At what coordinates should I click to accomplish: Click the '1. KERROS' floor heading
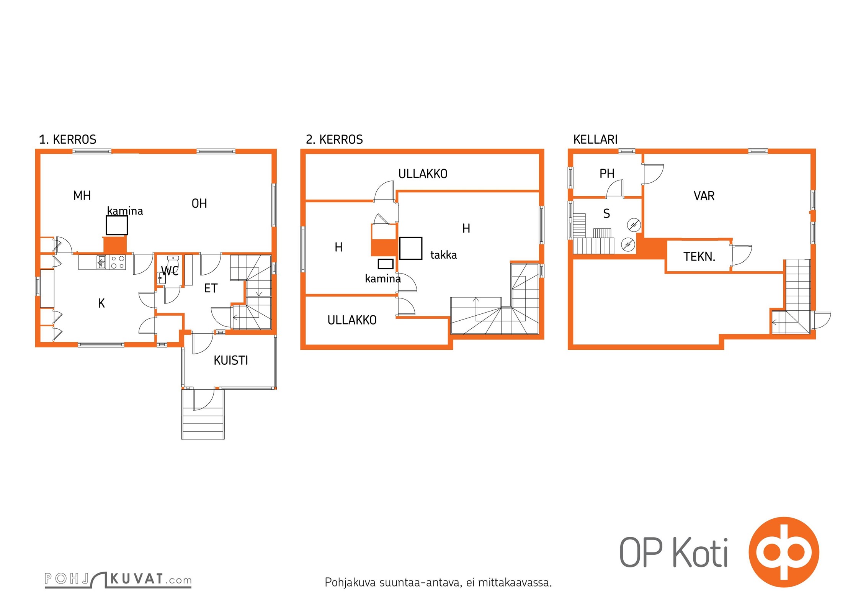(x=68, y=139)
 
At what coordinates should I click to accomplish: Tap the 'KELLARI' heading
(x=595, y=139)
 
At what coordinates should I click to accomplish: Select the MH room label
(x=82, y=196)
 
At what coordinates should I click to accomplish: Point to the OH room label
(x=199, y=203)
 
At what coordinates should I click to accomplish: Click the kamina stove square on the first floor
(x=117, y=225)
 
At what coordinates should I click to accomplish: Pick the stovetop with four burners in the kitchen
(x=118, y=262)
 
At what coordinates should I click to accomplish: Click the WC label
(x=170, y=271)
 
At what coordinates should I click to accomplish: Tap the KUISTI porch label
(x=231, y=361)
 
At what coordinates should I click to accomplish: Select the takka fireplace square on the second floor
(x=411, y=248)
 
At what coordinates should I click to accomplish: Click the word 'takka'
(x=443, y=255)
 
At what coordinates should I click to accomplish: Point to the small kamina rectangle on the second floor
(x=386, y=264)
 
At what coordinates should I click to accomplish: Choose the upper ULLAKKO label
(x=423, y=174)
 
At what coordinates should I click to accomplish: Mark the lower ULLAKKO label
(x=352, y=320)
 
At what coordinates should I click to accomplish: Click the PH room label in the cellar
(x=607, y=174)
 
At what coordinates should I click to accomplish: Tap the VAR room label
(x=704, y=196)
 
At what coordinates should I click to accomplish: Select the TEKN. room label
(x=699, y=257)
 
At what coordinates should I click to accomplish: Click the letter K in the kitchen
(x=101, y=303)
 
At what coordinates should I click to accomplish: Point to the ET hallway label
(x=211, y=288)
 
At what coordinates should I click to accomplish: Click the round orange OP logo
(x=784, y=552)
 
